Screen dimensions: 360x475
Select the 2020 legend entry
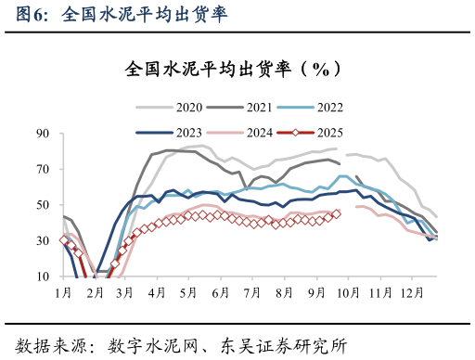pyautogui.click(x=181, y=108)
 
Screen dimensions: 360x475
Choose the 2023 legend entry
pyautogui.click(x=181, y=133)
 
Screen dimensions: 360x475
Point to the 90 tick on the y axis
pyautogui.click(x=43, y=134)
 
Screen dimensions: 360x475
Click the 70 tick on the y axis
pyautogui.click(x=43, y=169)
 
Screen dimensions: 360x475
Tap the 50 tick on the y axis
pyautogui.click(x=43, y=205)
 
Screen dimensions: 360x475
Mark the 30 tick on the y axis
pyautogui.click(x=43, y=241)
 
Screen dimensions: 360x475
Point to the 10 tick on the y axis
pyautogui.click(x=43, y=276)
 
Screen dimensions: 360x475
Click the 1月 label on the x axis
pyautogui.click(x=63, y=292)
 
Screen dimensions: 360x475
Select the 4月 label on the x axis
pyautogui.click(x=157, y=292)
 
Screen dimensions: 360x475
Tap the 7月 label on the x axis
pyautogui.click(x=250, y=292)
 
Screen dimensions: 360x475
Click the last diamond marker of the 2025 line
pyautogui.click(x=336, y=213)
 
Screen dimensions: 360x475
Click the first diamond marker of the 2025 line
pyautogui.click(x=63, y=239)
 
